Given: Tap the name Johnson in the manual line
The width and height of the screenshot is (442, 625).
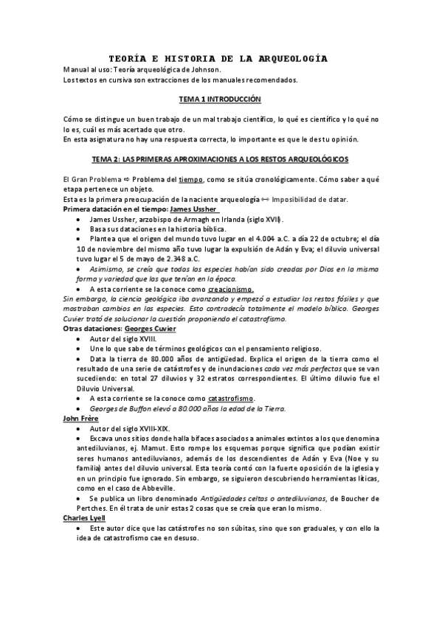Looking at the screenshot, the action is (x=199, y=69).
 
